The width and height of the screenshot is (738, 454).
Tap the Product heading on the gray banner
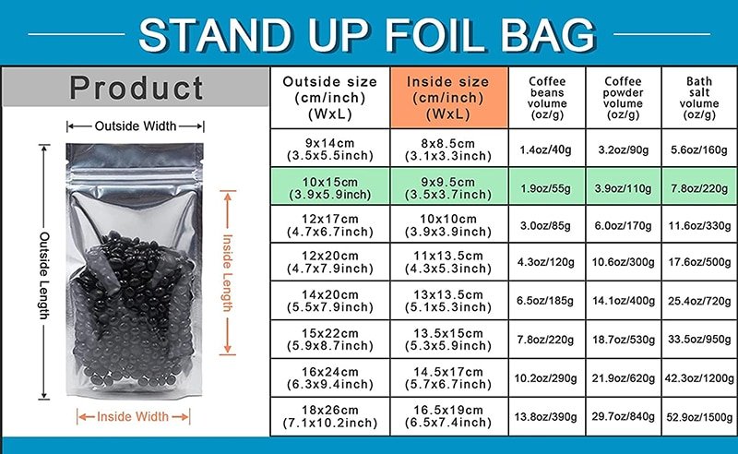pyautogui.click(x=136, y=88)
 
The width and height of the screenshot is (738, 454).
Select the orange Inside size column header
pyautogui.click(x=448, y=98)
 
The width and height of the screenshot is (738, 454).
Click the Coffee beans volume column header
pyautogui.click(x=547, y=98)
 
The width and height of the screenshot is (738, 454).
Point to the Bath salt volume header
pyautogui.click(x=699, y=98)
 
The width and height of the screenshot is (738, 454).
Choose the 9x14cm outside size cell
pyautogui.click(x=330, y=149)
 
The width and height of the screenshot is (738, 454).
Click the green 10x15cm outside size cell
pyautogui.click(x=330, y=187)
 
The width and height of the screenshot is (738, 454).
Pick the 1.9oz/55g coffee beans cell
pyautogui.click(x=546, y=188)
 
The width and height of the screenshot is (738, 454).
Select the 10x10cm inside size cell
pyautogui.click(x=448, y=224)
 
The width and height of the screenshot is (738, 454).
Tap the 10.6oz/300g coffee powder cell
pyautogui.click(x=624, y=262)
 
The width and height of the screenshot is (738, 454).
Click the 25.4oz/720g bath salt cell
pyautogui.click(x=699, y=301)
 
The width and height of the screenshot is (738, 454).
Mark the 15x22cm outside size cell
pyautogui.click(x=330, y=339)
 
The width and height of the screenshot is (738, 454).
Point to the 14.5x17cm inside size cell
pyautogui.click(x=448, y=377)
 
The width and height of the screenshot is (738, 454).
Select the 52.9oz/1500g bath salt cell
pyautogui.click(x=699, y=417)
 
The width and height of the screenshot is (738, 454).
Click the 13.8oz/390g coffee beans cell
pyautogui.click(x=546, y=416)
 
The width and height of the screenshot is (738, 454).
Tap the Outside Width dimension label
pyautogui.click(x=136, y=125)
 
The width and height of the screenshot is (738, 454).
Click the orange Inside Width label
pyautogui.click(x=133, y=416)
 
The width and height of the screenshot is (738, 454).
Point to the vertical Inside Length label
pyautogui.click(x=227, y=273)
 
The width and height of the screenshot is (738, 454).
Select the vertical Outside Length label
pyautogui.click(x=44, y=275)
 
